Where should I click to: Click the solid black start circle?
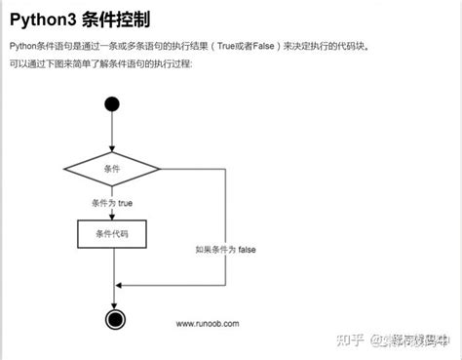[112, 104]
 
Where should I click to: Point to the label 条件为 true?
[112, 204]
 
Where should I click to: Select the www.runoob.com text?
[207, 323]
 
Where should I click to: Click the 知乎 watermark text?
[348, 340]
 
